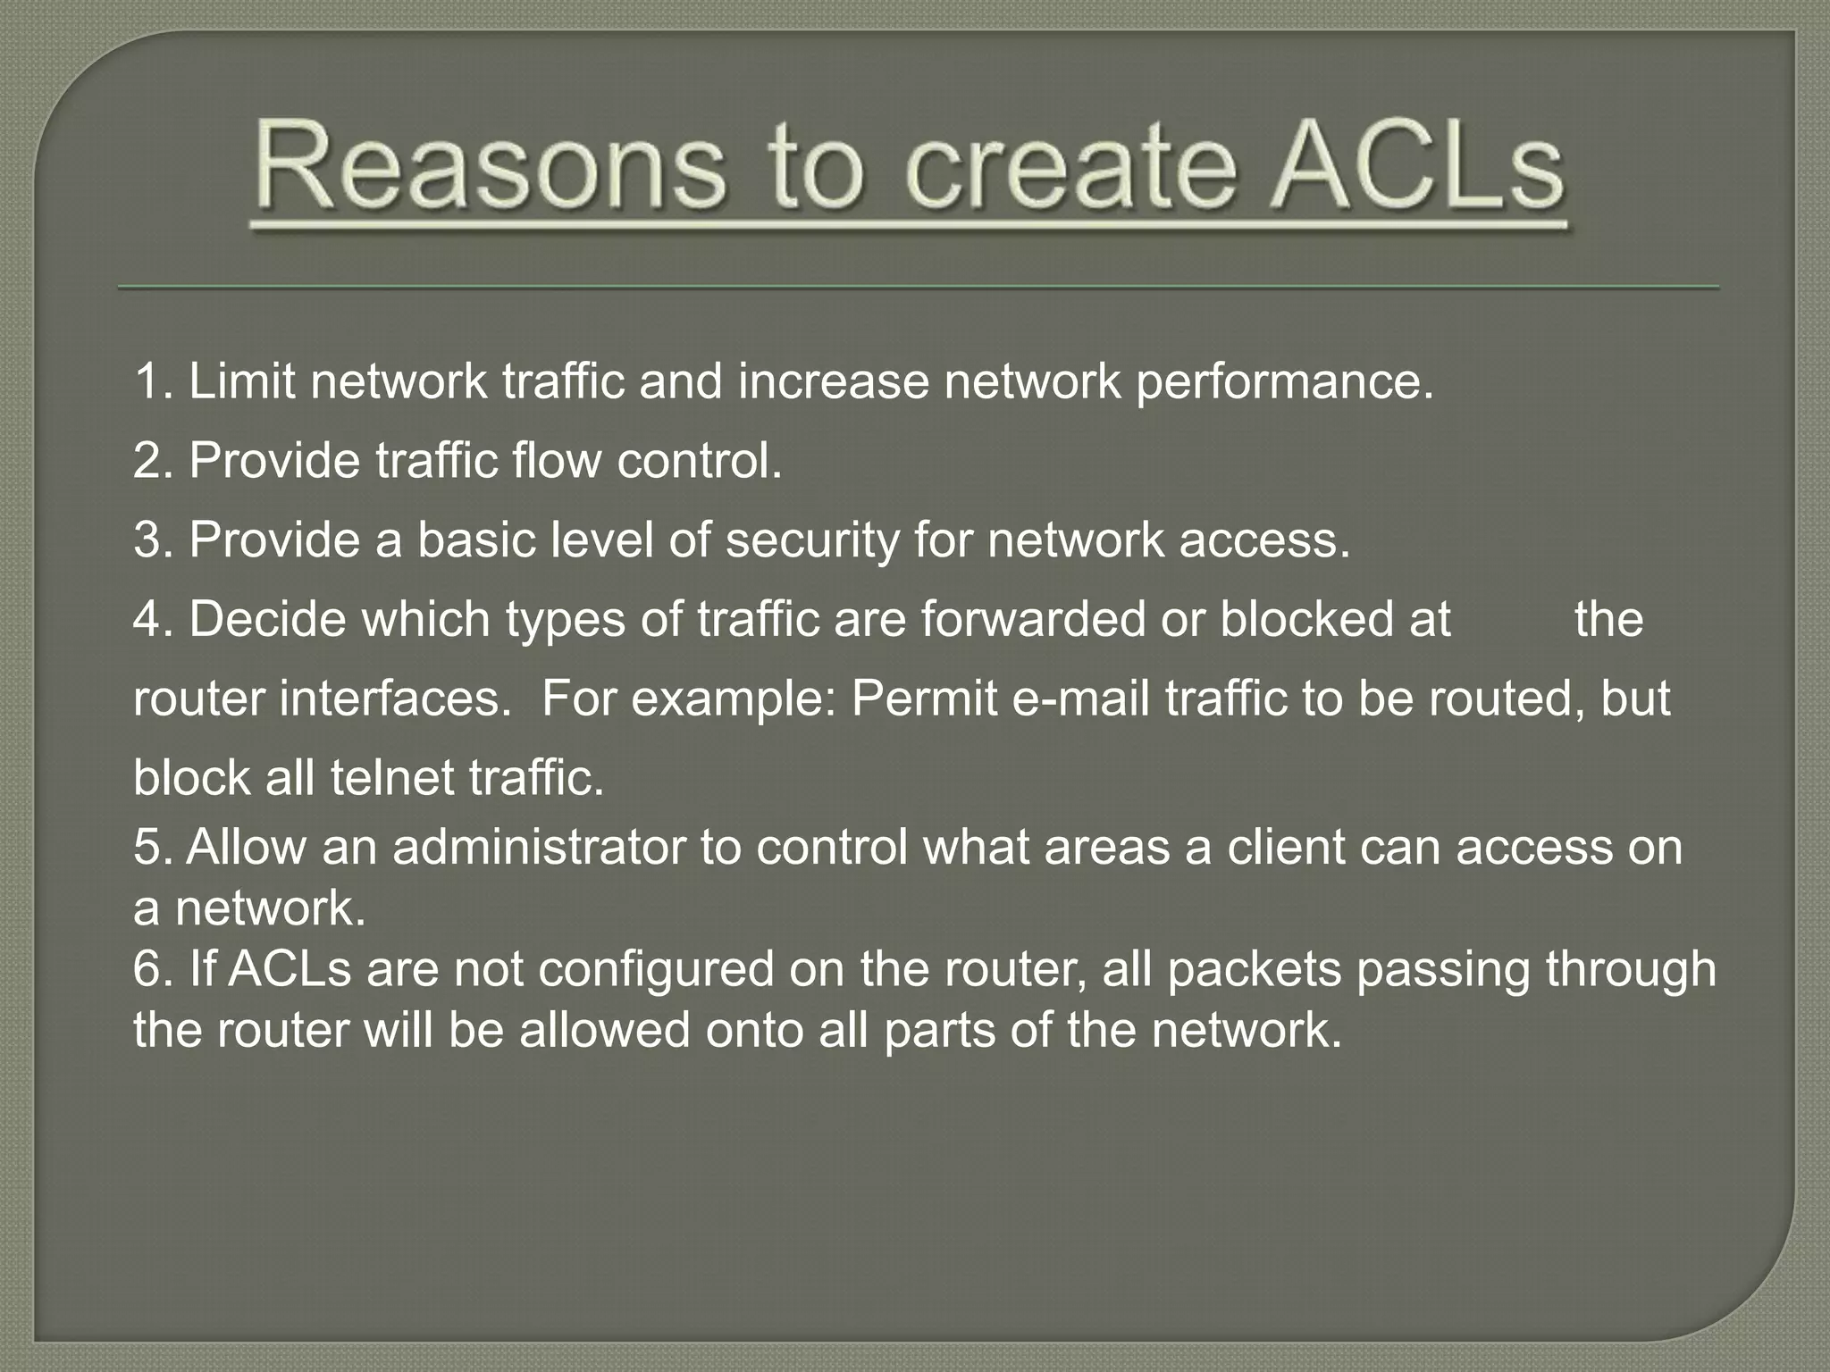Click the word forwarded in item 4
1033,619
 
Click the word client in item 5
1286,847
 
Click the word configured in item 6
656,971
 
